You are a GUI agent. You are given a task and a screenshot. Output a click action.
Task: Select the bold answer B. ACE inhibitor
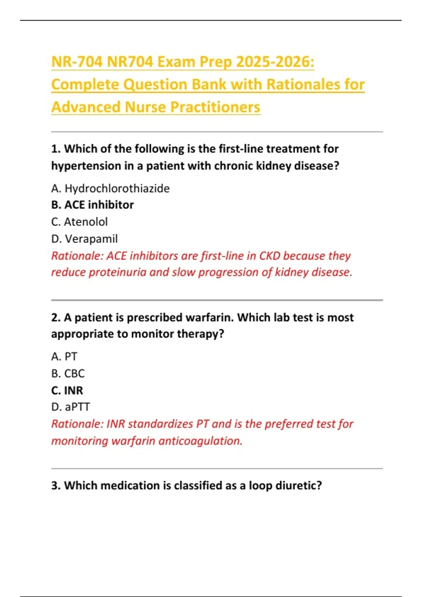[92, 205]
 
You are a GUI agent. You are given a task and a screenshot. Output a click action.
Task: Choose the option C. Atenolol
[79, 222]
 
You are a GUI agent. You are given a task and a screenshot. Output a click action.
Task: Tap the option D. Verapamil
[84, 239]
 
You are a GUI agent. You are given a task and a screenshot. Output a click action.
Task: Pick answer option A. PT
[64, 356]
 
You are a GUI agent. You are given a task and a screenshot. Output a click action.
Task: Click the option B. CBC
[68, 373]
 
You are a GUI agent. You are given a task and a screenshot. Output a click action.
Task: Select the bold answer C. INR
[67, 390]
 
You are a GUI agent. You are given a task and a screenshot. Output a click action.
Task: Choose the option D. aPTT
[71, 407]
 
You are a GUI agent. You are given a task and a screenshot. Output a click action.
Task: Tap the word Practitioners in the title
[215, 107]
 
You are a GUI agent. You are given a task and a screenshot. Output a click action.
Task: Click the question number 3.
[56, 485]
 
